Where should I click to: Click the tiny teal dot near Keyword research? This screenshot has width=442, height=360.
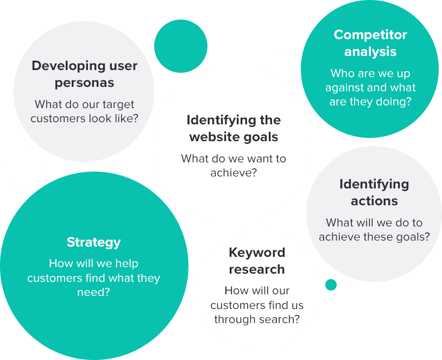pos(331,285)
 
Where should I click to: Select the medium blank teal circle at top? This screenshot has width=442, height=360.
pos(181,46)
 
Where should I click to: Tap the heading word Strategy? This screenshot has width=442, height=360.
pos(93,242)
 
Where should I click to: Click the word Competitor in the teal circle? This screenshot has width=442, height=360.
pos(370,35)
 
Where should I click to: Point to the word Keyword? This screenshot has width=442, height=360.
pos(257,252)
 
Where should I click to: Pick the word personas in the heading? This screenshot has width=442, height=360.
pos(84,83)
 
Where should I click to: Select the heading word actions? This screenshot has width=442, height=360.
pos(374,201)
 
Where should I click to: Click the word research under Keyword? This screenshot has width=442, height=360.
pos(257,269)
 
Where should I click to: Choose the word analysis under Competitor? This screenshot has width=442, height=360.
pos(370,52)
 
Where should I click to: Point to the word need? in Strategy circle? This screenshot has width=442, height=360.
pos(93,292)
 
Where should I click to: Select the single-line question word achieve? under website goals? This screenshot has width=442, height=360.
pos(233,173)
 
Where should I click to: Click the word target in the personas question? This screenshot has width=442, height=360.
pos(118,105)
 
